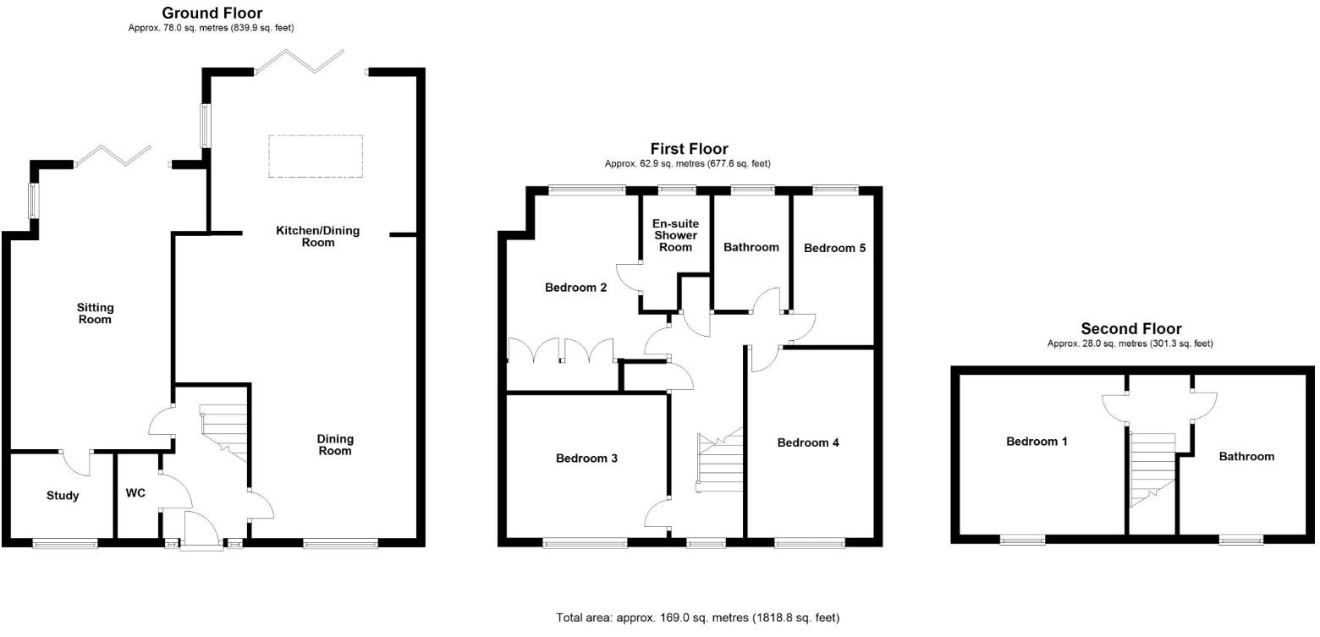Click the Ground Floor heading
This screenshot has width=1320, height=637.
point(212,13)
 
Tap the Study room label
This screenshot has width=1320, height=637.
point(63,496)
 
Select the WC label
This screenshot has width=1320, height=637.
point(135,492)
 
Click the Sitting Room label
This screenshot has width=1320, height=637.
point(95,314)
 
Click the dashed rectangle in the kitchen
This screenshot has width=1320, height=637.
point(316,156)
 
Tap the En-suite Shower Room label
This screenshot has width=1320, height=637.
point(676,236)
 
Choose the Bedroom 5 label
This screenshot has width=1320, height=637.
point(834,248)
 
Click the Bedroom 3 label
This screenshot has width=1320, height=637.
point(586,459)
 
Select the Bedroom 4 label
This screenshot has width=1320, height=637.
point(808,442)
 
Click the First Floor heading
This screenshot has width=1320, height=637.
point(689,150)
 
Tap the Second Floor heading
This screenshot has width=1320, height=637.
point(1130,329)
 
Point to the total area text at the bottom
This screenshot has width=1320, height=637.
point(698,618)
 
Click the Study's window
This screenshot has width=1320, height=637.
point(65,543)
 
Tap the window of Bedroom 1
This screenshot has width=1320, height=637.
point(1022,539)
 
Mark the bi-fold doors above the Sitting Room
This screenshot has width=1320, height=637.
point(113,156)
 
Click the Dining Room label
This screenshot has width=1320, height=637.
point(335,445)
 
